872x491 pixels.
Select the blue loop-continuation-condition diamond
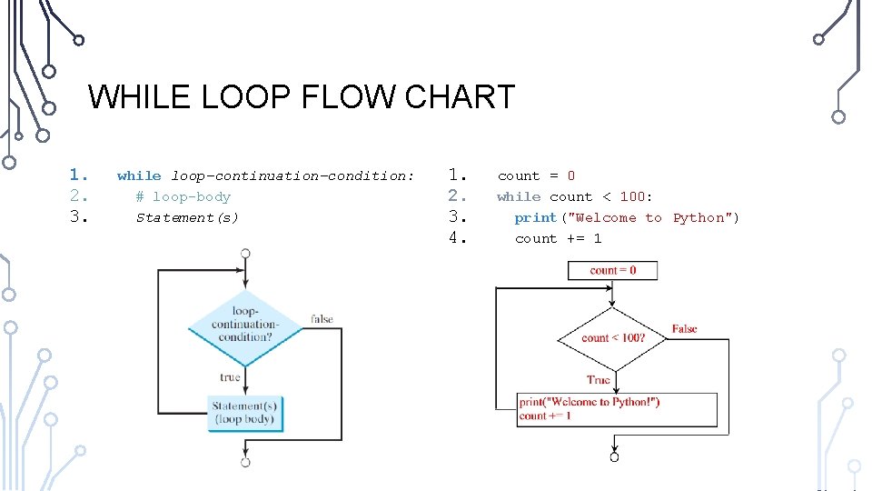click(x=244, y=324)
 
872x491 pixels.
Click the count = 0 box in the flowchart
click(x=613, y=270)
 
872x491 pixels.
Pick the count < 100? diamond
click(x=613, y=338)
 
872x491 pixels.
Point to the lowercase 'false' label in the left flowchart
click(x=322, y=319)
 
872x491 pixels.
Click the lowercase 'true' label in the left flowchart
click(x=230, y=376)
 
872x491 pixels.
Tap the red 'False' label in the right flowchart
click(x=685, y=329)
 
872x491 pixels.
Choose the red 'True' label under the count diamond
click(x=599, y=380)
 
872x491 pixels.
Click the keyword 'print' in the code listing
click(x=535, y=217)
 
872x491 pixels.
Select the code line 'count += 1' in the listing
click(x=558, y=238)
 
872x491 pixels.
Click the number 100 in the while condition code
click(x=632, y=196)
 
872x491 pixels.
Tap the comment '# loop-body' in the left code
click(x=183, y=196)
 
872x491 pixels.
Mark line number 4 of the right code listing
click(x=458, y=238)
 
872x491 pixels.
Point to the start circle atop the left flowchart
click(x=245, y=253)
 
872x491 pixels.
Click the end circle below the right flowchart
click(x=614, y=456)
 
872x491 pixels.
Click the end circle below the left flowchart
click(x=245, y=462)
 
